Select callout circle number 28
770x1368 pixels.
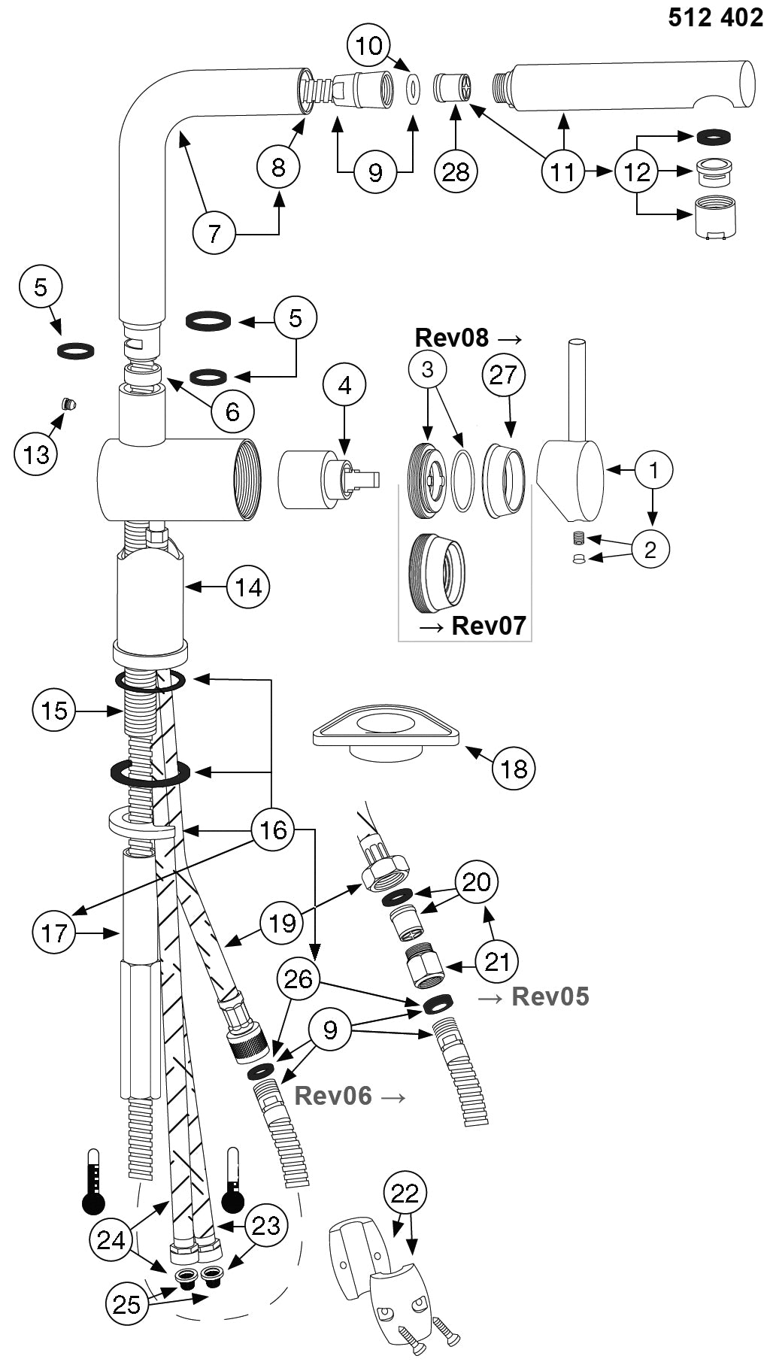[456, 171]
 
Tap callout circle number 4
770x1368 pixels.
[344, 385]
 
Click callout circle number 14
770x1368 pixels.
[249, 587]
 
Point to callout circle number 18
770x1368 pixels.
[514, 768]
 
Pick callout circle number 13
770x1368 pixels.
[36, 453]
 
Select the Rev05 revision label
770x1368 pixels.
[550, 996]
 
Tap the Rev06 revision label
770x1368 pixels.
[333, 1096]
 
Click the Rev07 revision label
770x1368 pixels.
[488, 625]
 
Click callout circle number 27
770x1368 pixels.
[503, 374]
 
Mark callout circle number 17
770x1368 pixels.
[54, 933]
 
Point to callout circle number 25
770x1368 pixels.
[126, 1303]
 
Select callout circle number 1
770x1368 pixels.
[653, 470]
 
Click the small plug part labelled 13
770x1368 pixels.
[69, 404]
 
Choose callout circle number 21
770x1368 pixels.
[497, 961]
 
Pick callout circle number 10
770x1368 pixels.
[369, 46]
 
